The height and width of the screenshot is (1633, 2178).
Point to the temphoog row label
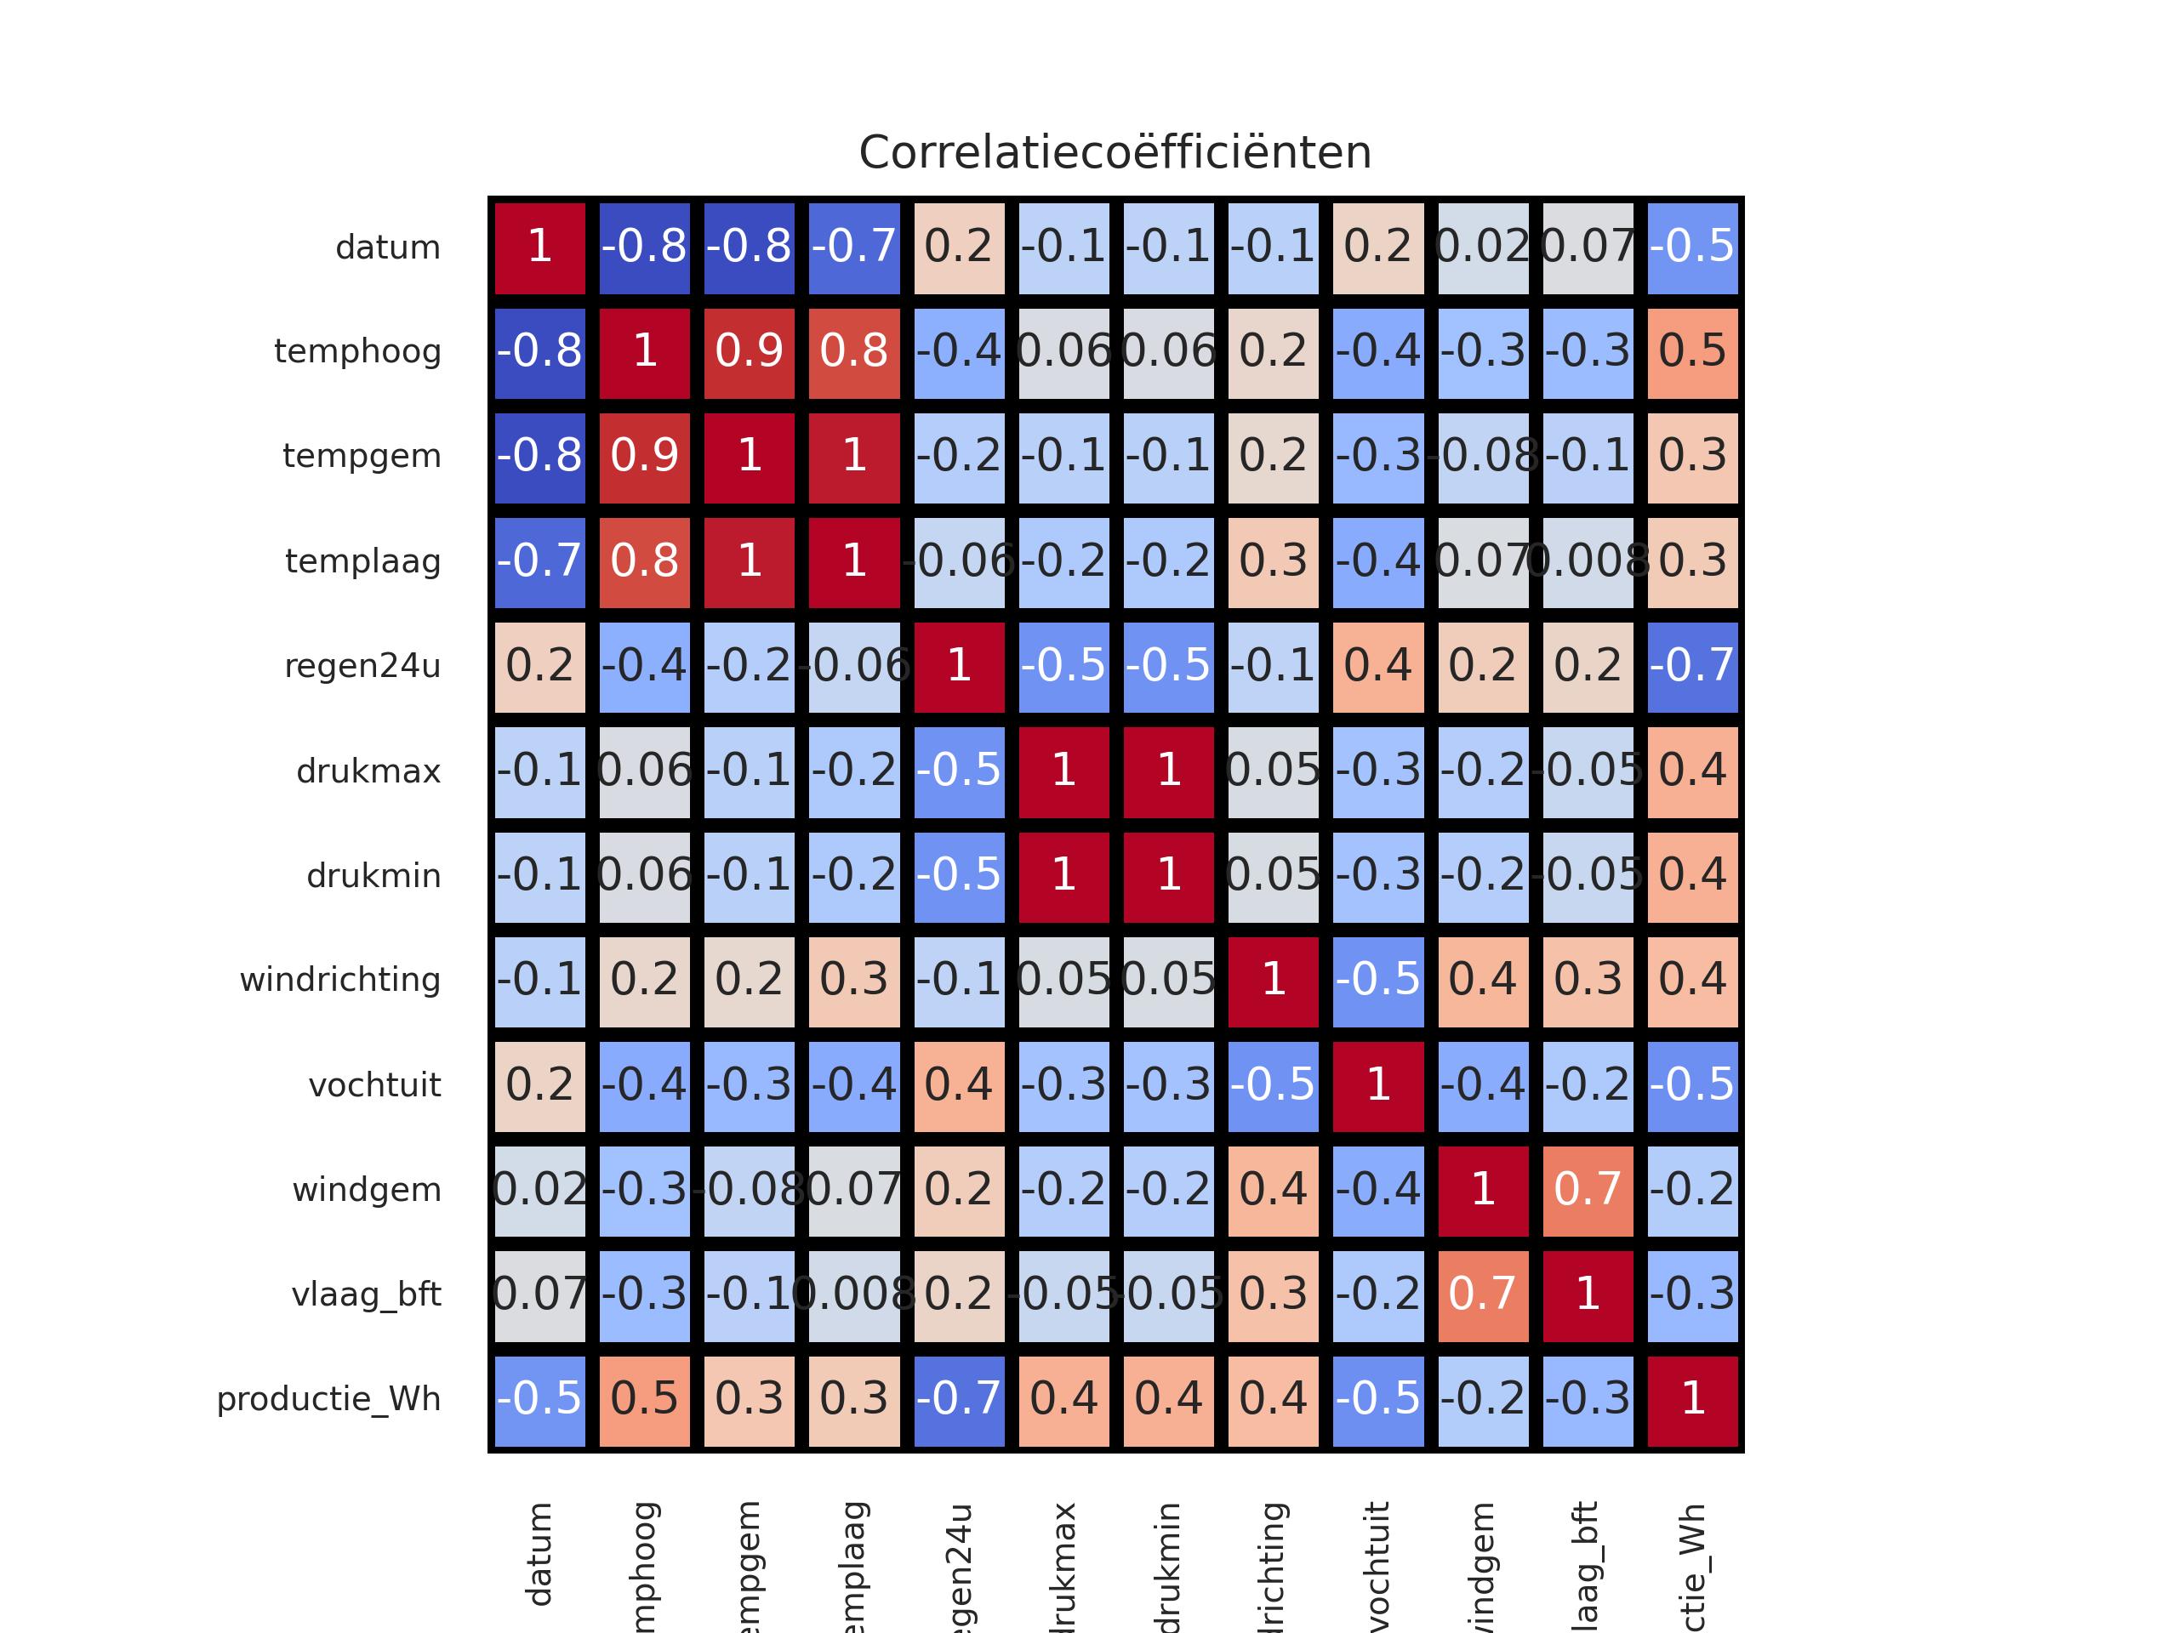(x=357, y=352)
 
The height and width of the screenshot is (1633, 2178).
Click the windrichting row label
(x=339, y=981)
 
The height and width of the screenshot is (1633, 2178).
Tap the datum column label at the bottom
(x=539, y=1556)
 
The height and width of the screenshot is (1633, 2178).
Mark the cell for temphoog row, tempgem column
(x=750, y=352)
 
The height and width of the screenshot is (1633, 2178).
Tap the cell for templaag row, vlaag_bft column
(x=1588, y=562)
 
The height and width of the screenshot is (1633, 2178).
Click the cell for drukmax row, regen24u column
(x=959, y=771)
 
